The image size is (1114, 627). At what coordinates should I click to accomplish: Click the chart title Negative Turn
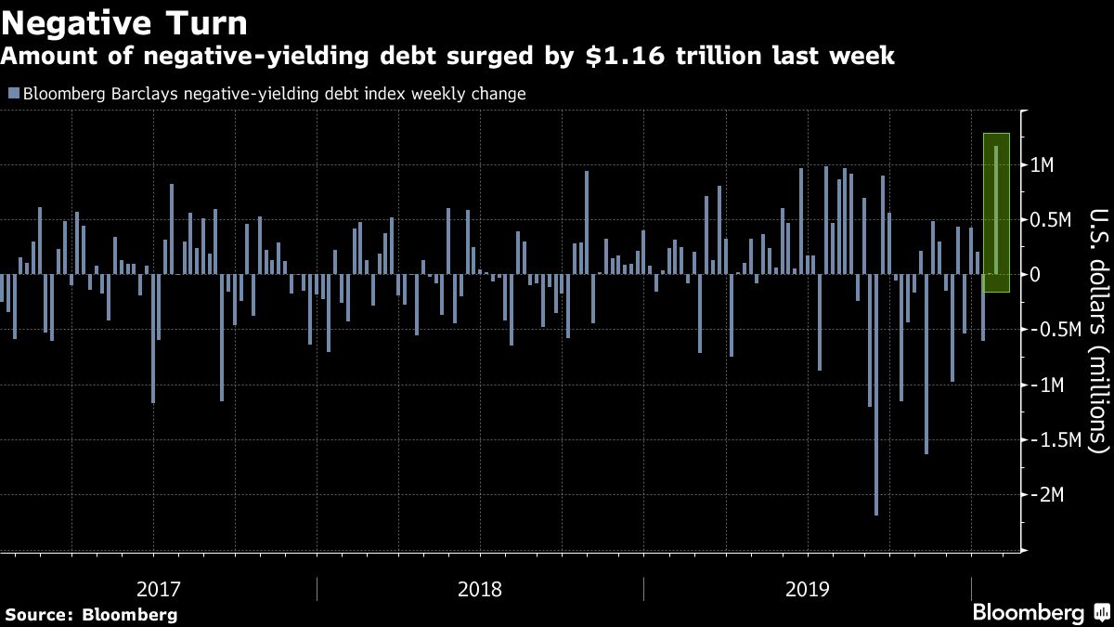[x=124, y=21]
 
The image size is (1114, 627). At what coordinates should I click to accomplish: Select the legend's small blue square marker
[x=12, y=93]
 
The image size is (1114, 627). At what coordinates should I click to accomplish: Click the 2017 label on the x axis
[x=160, y=589]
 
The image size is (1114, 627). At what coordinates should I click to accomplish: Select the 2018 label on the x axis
[x=481, y=589]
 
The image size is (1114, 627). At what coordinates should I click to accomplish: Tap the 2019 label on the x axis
[x=808, y=589]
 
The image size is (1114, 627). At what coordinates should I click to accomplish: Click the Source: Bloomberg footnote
[x=91, y=614]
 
